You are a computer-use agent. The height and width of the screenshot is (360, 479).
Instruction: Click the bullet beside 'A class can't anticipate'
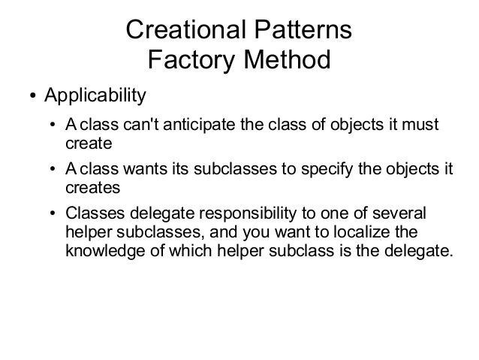click(51, 126)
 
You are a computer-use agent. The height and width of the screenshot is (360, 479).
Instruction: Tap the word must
click(420, 124)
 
